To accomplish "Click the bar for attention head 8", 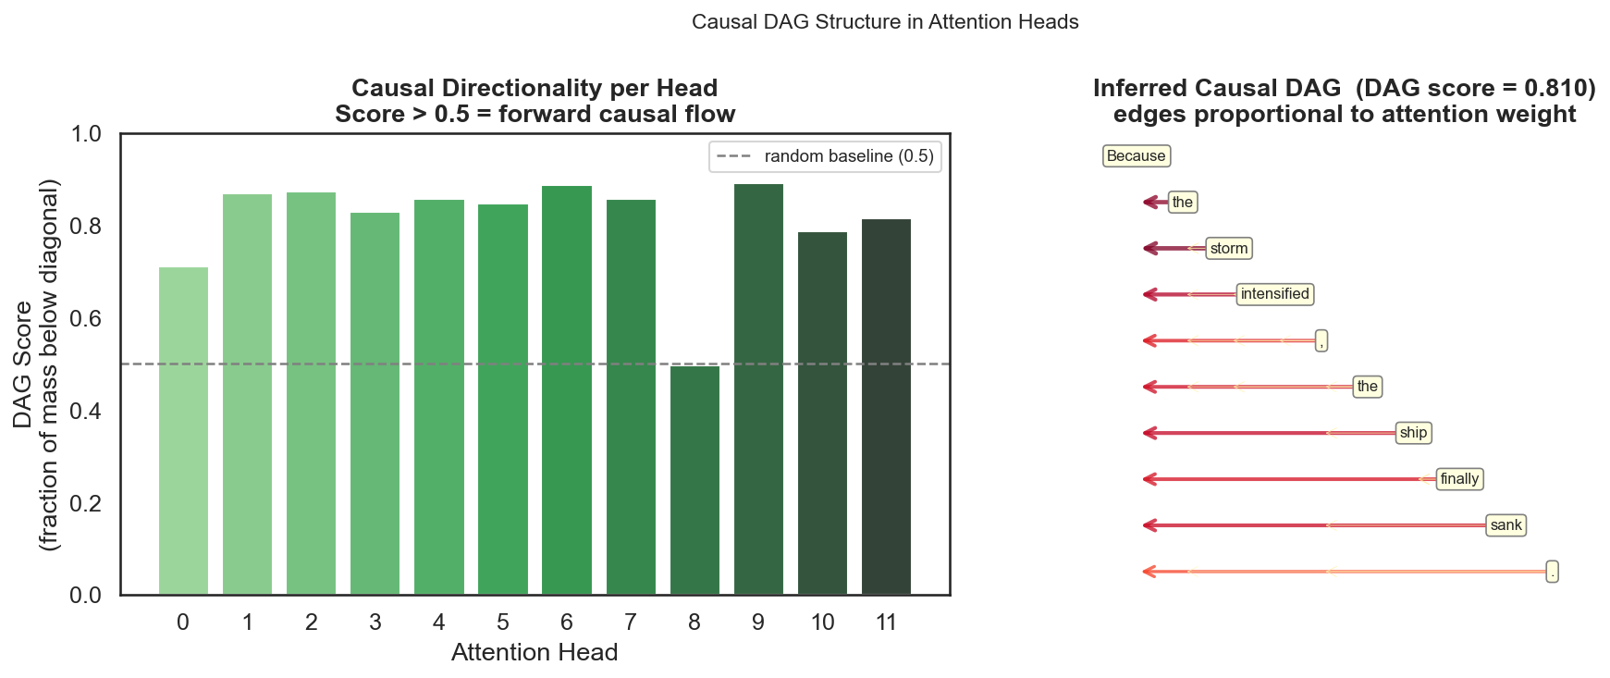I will [694, 480].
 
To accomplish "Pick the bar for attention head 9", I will [758, 389].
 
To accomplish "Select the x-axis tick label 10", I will [822, 623].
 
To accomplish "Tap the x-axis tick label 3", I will [375, 623].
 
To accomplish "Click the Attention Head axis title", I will [535, 652].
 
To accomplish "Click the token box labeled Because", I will [1137, 156].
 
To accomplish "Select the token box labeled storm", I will [1229, 249].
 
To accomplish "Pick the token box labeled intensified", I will [1274, 294].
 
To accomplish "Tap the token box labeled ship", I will [1413, 433].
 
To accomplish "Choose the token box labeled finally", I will [1459, 479].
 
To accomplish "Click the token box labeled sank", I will [1506, 525].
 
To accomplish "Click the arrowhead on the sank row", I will [1149, 525].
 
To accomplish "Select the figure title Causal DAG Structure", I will [885, 22].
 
